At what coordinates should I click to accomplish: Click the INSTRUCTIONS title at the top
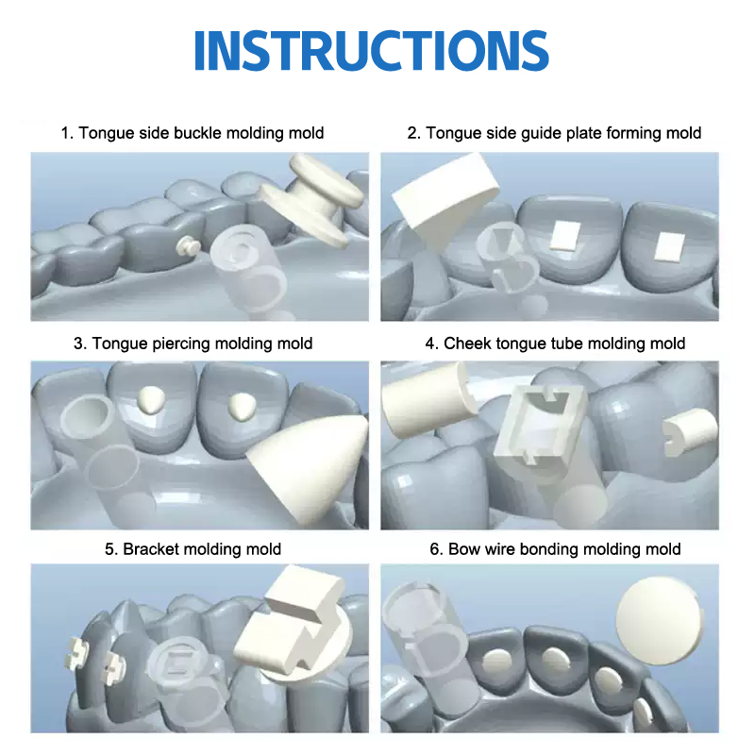click(x=371, y=51)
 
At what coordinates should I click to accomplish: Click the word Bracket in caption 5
click(x=150, y=549)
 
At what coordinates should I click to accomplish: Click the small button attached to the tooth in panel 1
click(x=188, y=246)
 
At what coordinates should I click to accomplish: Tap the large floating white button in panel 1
click(x=310, y=200)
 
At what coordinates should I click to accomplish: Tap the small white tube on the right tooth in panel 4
click(x=689, y=432)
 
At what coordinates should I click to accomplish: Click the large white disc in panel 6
click(x=659, y=620)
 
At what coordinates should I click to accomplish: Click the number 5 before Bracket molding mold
click(x=109, y=549)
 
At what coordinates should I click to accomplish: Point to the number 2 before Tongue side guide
click(x=411, y=133)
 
